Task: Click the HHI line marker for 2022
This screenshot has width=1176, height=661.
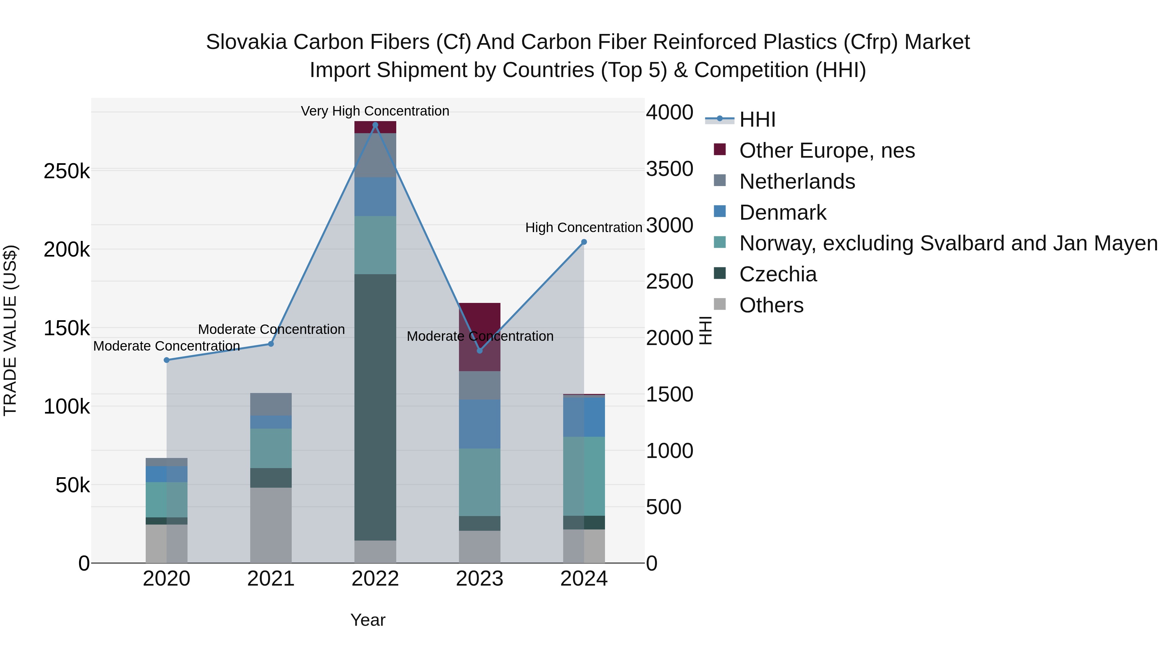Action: click(x=375, y=125)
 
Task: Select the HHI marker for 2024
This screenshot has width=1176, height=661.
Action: click(x=584, y=242)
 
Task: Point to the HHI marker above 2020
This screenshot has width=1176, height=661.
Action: click(x=167, y=360)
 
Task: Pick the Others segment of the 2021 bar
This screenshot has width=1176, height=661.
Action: click(x=271, y=525)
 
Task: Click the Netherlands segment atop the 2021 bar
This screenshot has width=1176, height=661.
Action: click(x=271, y=404)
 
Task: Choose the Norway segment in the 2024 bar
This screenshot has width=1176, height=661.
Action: click(x=584, y=476)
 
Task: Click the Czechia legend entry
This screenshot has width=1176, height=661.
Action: click(x=777, y=274)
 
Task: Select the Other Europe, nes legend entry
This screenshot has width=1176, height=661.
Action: click(x=827, y=150)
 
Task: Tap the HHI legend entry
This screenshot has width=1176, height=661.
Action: click(x=757, y=119)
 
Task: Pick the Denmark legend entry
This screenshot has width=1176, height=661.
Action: click(x=782, y=212)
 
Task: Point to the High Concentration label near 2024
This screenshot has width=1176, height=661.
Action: click(x=583, y=227)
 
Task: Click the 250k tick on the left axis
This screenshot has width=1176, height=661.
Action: click(x=67, y=171)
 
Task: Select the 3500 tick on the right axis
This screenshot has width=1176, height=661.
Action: click(x=669, y=169)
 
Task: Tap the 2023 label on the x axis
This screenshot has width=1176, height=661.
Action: click(x=479, y=579)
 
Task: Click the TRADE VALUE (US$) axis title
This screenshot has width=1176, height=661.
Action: click(x=10, y=330)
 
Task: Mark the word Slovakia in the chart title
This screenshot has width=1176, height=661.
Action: click(x=247, y=42)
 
